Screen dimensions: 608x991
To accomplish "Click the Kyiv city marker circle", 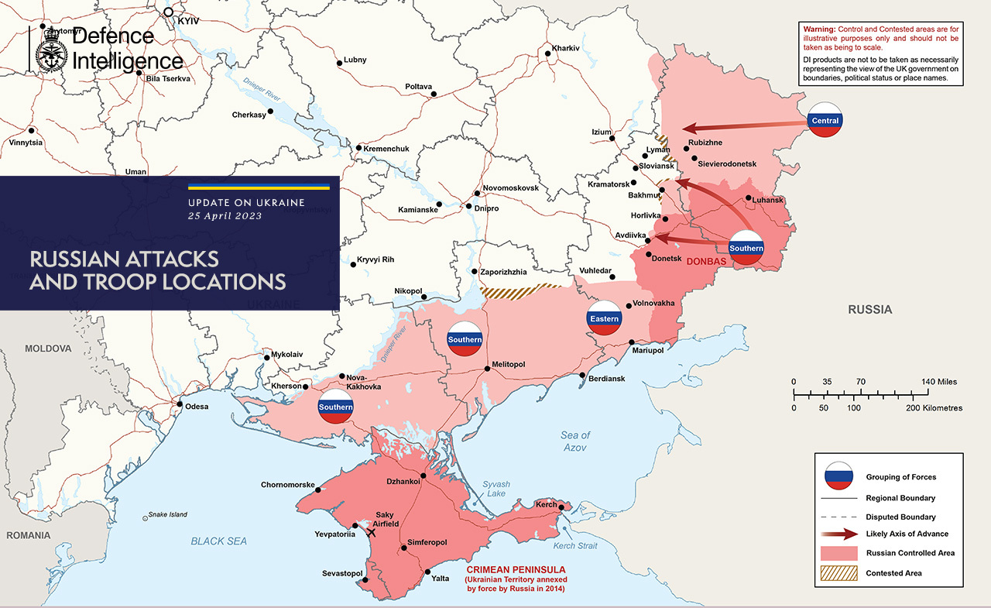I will click(x=168, y=12).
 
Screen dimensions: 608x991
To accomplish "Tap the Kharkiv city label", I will click(x=565, y=48).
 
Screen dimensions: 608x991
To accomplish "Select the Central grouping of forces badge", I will click(x=825, y=120).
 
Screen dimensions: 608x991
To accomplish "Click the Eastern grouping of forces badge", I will click(x=604, y=318).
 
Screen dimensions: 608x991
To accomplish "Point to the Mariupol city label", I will click(x=648, y=351).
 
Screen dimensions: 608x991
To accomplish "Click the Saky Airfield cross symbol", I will click(x=372, y=532).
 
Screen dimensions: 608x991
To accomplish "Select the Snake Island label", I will click(x=168, y=514).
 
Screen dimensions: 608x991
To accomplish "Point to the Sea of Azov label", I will click(x=575, y=441).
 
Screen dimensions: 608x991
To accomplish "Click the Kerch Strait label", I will click(x=575, y=546).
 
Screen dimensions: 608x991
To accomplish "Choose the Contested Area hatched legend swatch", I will click(x=839, y=573).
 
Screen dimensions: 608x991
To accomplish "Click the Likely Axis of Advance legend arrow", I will click(x=839, y=534).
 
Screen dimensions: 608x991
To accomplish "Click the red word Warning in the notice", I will click(x=822, y=29).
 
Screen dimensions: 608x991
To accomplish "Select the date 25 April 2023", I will click(x=225, y=216).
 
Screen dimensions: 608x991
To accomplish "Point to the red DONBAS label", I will click(x=706, y=262).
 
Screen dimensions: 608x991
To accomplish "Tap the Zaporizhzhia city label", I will click(x=503, y=273).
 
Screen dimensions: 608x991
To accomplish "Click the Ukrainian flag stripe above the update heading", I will click(x=259, y=187).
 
